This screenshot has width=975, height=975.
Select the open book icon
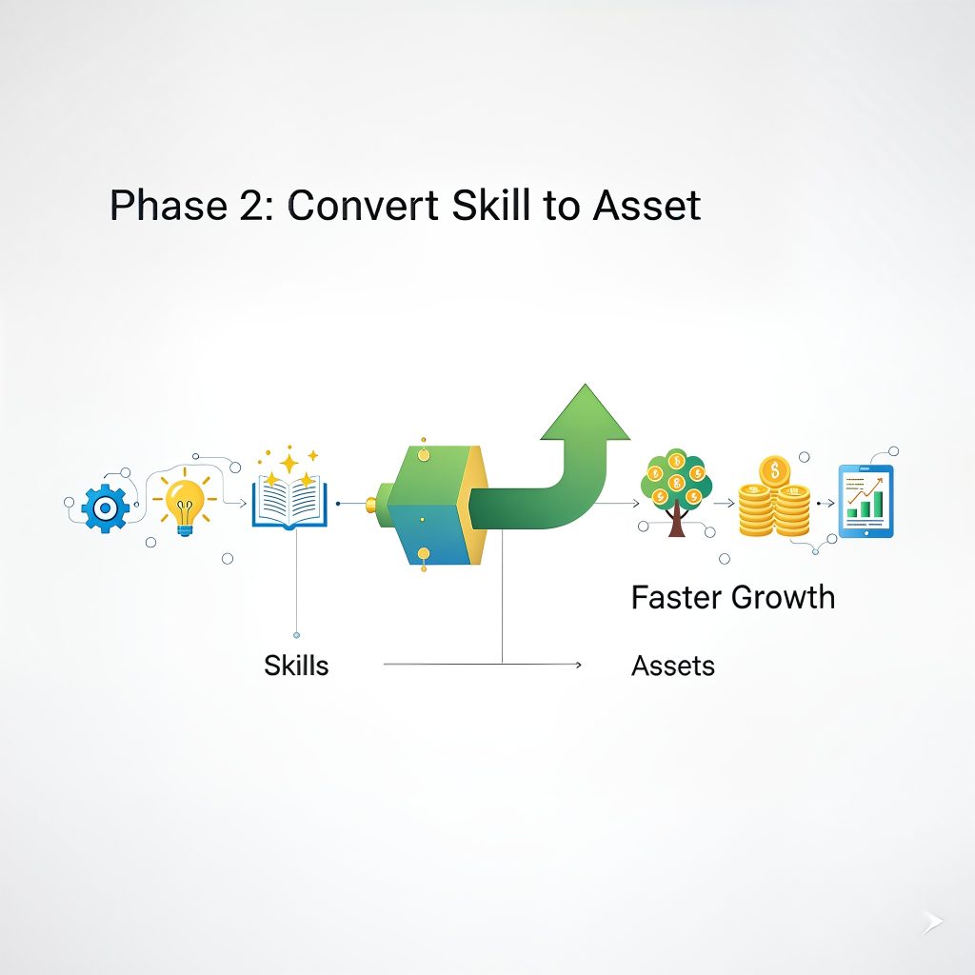pyautogui.click(x=289, y=502)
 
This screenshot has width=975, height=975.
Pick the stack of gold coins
pyautogui.click(x=773, y=500)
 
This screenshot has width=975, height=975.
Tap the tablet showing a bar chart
pyautogui.click(x=866, y=501)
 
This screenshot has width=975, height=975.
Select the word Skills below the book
pyautogui.click(x=296, y=666)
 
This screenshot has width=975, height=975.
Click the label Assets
pyautogui.click(x=672, y=666)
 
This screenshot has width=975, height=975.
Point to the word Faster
pyautogui.click(x=676, y=598)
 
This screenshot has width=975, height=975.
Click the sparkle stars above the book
pyautogui.click(x=289, y=465)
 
